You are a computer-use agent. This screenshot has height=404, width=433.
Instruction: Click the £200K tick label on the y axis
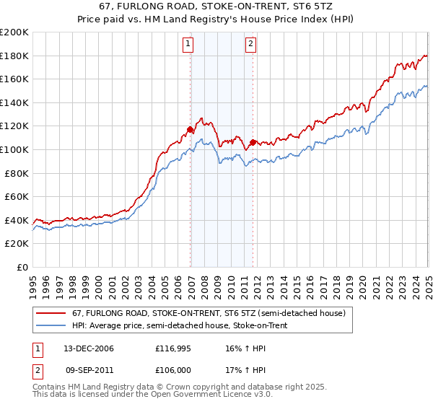14,32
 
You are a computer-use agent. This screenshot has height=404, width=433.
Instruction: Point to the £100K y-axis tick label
14,149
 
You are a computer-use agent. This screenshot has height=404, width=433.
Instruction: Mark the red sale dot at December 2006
191,130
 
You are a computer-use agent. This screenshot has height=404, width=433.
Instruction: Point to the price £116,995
172,348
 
